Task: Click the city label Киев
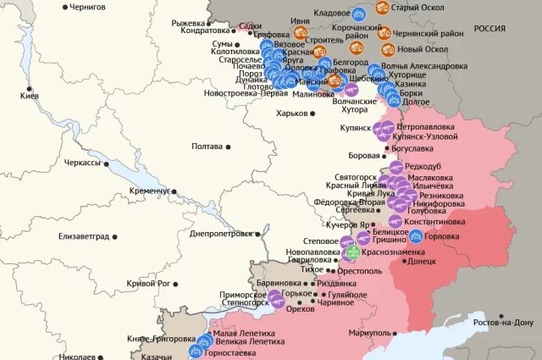coord(29,96)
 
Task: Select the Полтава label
coord(207,146)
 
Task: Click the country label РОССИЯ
coord(489,28)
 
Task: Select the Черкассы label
coord(82,162)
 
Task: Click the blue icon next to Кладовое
coord(358,13)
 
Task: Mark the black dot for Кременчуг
coord(174,191)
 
